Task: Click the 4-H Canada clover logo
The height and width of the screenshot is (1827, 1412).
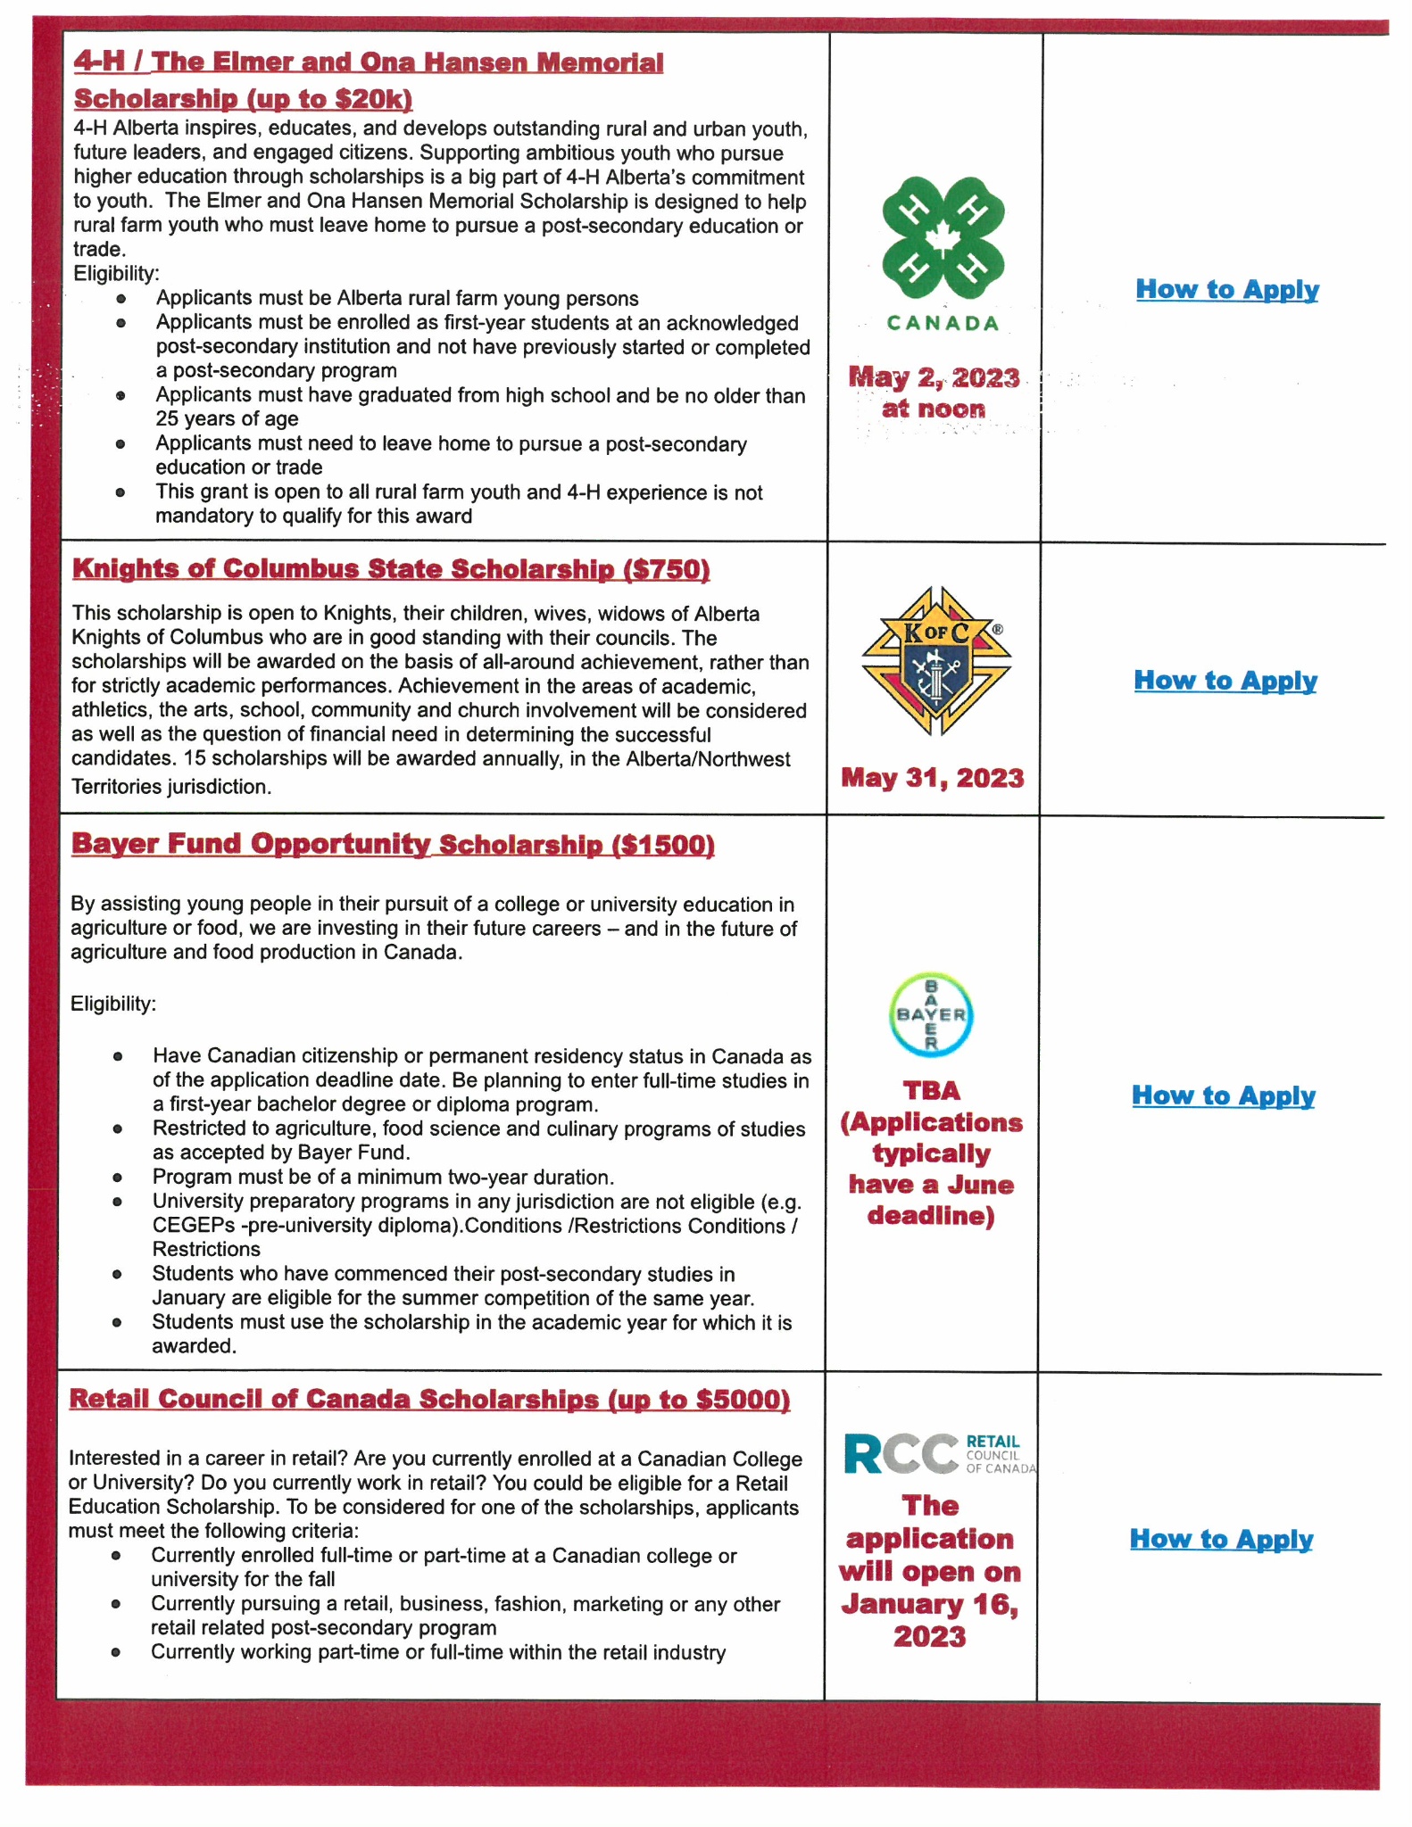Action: pyautogui.click(x=943, y=238)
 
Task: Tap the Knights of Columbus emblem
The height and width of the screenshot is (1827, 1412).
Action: pyautogui.click(x=936, y=661)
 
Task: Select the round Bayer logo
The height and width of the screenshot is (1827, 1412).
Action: pyautogui.click(x=931, y=1015)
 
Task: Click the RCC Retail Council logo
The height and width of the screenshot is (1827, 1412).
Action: pyautogui.click(x=939, y=1454)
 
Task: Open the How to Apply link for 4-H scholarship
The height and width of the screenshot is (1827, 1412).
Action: pyautogui.click(x=1226, y=289)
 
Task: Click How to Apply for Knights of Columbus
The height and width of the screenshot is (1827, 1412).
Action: pyautogui.click(x=1225, y=680)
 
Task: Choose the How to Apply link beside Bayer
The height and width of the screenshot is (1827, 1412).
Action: pyautogui.click(x=1223, y=1095)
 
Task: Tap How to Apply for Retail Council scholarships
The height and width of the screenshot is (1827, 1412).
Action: pyautogui.click(x=1221, y=1539)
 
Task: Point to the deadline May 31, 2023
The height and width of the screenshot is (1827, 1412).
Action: pyautogui.click(x=933, y=778)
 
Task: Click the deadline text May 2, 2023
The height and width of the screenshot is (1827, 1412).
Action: pyautogui.click(x=934, y=378)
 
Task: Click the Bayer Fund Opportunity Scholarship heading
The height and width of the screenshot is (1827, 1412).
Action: pyautogui.click(x=339, y=844)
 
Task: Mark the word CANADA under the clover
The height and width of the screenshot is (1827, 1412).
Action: pyautogui.click(x=943, y=323)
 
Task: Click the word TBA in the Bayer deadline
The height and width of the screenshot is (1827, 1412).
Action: pyautogui.click(x=931, y=1091)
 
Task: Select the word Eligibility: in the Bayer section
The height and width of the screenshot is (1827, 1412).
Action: pyautogui.click(x=113, y=1004)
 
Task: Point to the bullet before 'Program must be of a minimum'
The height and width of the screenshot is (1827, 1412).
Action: pyautogui.click(x=117, y=1178)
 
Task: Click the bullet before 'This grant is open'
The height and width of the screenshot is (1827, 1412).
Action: pyautogui.click(x=120, y=492)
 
